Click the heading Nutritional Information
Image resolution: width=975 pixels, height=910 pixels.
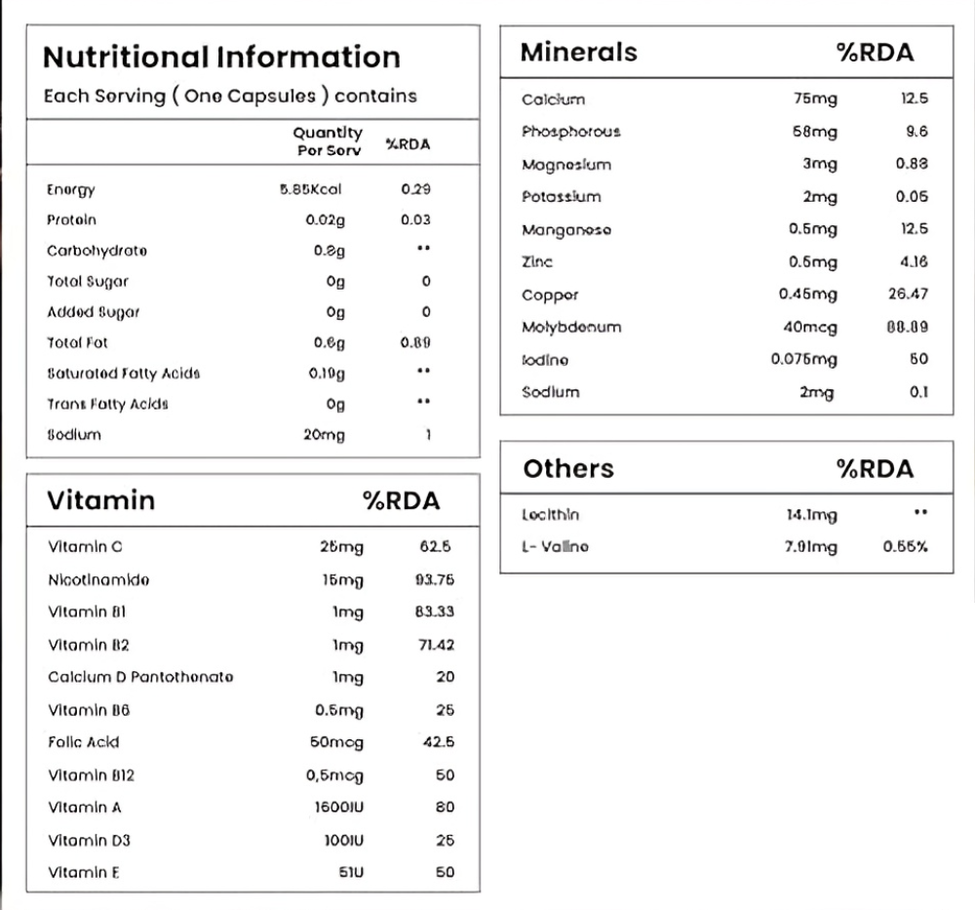coord(221,57)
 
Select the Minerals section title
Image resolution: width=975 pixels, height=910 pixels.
coord(578,52)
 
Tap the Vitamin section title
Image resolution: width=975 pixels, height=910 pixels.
coord(100,500)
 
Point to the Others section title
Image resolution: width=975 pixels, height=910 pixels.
coord(568,469)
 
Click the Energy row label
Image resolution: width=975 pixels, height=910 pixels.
coord(71,190)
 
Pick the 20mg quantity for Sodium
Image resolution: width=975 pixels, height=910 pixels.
coord(324,435)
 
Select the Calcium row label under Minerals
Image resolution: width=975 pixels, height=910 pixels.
coord(553,99)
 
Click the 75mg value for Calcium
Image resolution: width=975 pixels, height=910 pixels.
coord(815,99)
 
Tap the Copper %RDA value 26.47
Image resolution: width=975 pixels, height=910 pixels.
coord(907,294)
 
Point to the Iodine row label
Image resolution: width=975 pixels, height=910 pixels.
coord(545,360)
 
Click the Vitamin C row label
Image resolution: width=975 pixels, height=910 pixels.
coord(85,547)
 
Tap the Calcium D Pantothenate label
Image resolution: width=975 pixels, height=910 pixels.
coord(140,677)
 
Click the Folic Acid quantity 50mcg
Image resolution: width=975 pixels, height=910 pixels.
coord(336,742)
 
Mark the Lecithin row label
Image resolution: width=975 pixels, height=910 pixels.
coord(550,515)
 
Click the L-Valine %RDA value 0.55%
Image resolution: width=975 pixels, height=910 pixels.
coord(905,547)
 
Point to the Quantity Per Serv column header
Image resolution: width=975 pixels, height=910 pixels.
coord(328,140)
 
